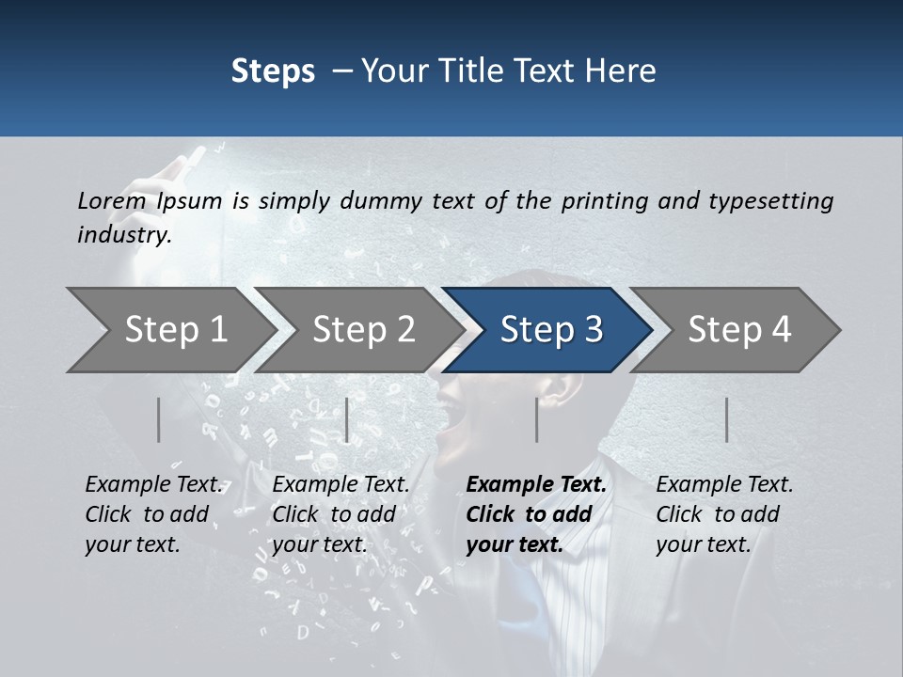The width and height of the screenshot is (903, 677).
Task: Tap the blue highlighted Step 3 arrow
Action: (x=550, y=330)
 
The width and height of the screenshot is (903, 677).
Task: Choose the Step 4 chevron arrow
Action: (x=738, y=330)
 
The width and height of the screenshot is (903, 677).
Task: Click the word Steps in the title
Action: (x=273, y=71)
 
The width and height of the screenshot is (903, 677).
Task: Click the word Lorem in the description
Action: (x=111, y=200)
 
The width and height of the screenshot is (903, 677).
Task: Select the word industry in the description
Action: (x=123, y=234)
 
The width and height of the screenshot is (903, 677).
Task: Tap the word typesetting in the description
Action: (x=770, y=200)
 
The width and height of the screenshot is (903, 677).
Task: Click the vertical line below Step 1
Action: (x=159, y=419)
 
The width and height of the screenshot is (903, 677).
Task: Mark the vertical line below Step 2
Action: (x=347, y=419)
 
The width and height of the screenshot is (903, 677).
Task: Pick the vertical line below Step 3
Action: (x=536, y=419)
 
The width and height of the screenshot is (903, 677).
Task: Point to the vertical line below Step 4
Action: (x=726, y=419)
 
